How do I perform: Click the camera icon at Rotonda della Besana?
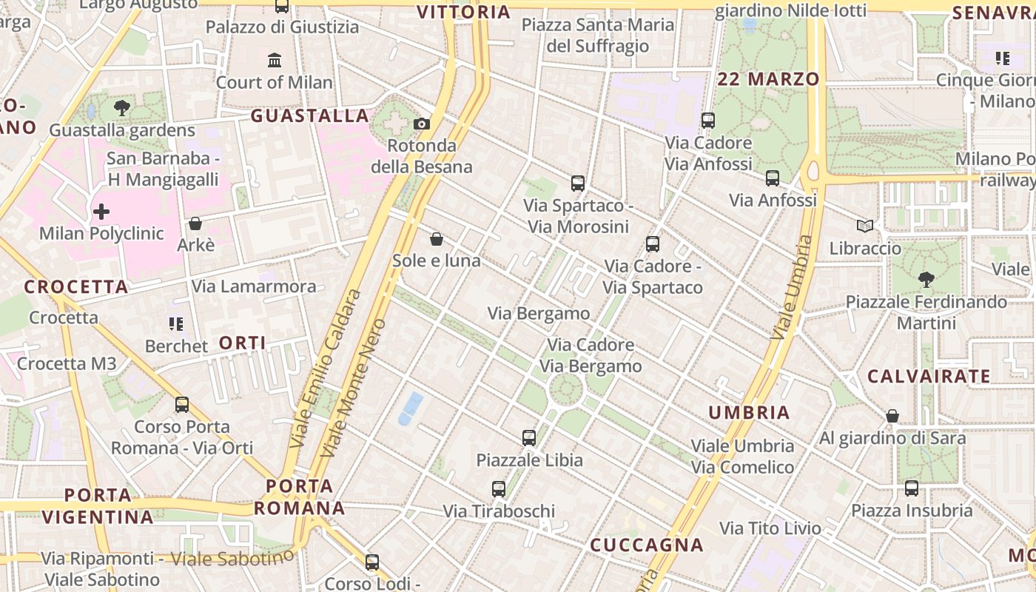click(421, 124)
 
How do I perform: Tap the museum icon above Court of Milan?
click(275, 59)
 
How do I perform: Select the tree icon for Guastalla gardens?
click(122, 108)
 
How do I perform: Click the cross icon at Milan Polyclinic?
click(101, 212)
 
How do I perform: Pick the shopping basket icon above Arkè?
click(195, 223)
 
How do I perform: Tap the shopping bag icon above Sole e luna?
click(437, 239)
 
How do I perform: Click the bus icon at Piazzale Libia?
click(528, 437)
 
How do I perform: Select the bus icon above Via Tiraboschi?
click(499, 488)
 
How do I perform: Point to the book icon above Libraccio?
click(864, 226)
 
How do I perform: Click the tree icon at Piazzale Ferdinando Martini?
click(926, 279)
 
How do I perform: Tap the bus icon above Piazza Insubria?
click(911, 488)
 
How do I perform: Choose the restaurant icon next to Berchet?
click(175, 323)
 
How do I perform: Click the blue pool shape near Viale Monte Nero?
click(410, 408)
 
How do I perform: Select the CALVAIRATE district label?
click(928, 376)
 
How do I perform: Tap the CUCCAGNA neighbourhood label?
click(646, 545)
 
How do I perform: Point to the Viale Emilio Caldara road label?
click(326, 369)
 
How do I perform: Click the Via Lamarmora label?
click(254, 286)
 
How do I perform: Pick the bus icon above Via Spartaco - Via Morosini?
click(578, 183)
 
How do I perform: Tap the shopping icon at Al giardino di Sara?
click(892, 416)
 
